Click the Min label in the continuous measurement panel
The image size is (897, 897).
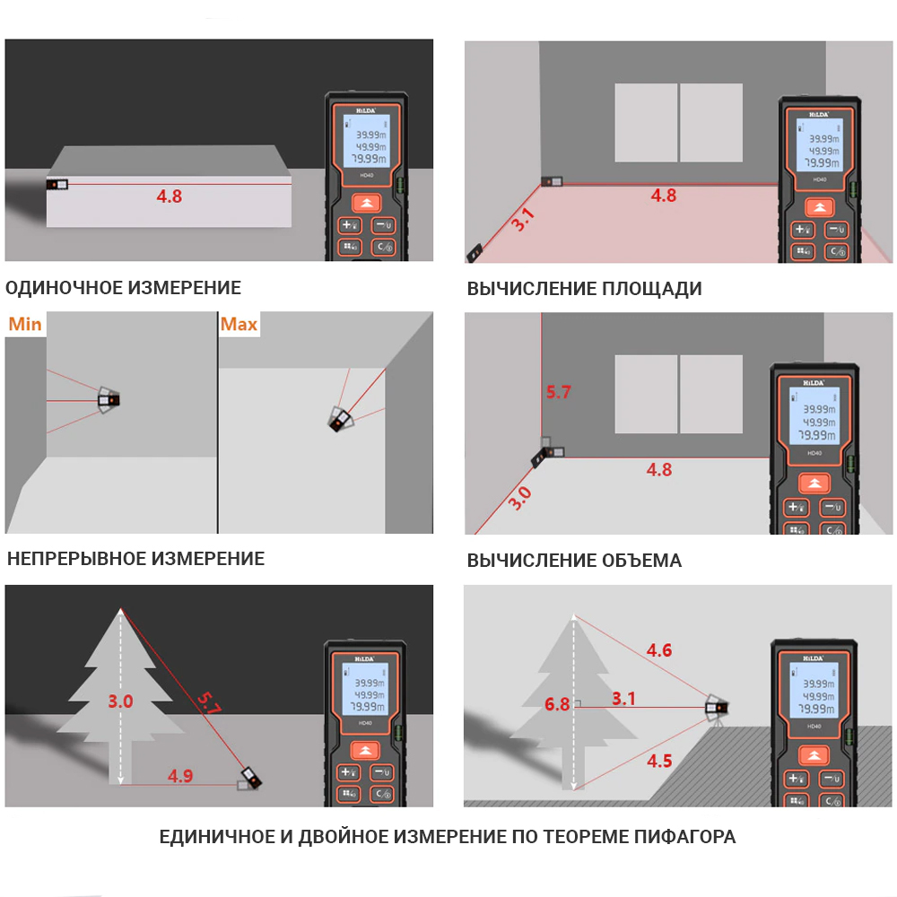[25, 324]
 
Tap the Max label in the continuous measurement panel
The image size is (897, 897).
[239, 324]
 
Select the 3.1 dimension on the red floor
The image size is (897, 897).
[523, 220]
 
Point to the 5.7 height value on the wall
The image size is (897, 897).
[558, 392]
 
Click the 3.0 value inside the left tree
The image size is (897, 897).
[121, 701]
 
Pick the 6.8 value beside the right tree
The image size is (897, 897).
[556, 704]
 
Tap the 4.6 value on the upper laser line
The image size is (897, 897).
[659, 650]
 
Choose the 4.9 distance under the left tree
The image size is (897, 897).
[180, 776]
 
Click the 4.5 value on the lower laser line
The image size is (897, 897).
[659, 761]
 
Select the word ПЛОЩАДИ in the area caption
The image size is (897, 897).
[652, 289]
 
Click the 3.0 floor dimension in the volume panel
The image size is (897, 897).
[519, 498]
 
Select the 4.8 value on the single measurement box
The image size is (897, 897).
[169, 196]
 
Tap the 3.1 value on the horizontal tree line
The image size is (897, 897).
[624, 698]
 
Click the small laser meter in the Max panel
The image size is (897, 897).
[340, 419]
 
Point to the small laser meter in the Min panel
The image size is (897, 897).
[109, 398]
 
